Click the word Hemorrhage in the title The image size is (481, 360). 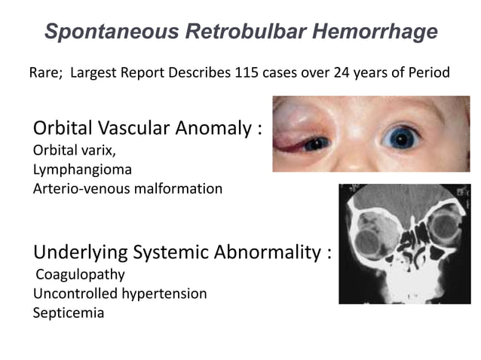[x=381, y=32]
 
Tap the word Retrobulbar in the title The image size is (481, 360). [x=245, y=32]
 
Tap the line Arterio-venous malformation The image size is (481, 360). [x=127, y=188]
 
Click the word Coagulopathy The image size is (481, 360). [x=81, y=274]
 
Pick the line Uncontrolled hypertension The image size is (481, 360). [x=119, y=293]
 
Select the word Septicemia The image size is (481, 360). [x=68, y=312]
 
